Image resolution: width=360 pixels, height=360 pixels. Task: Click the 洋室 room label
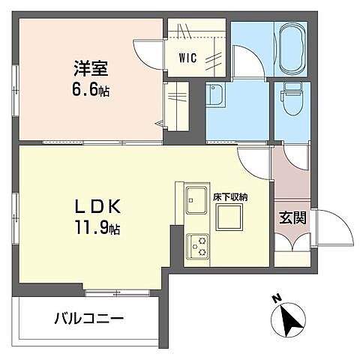coord(90,69)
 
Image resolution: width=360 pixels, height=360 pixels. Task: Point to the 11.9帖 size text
coord(93,226)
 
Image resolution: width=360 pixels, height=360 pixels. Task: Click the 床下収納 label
coord(229,196)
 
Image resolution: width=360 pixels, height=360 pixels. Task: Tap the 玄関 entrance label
coord(291,218)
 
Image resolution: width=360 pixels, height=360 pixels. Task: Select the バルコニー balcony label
coord(88,318)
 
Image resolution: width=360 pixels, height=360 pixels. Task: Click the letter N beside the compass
coord(277,299)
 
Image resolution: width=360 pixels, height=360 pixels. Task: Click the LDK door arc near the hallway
coord(253,158)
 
